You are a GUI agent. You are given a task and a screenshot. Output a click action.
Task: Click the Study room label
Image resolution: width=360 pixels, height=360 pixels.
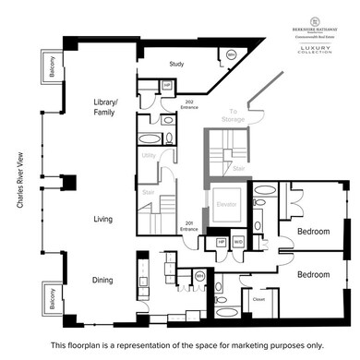178,64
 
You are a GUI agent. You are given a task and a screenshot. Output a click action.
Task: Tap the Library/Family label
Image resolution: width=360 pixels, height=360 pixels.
108,107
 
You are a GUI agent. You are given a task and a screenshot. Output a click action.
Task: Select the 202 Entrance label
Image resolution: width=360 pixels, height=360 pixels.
190,105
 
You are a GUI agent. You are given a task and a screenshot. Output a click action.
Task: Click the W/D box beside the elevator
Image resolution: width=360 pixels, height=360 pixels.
238,242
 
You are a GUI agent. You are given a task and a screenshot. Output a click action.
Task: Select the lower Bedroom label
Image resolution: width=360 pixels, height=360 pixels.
314,274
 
